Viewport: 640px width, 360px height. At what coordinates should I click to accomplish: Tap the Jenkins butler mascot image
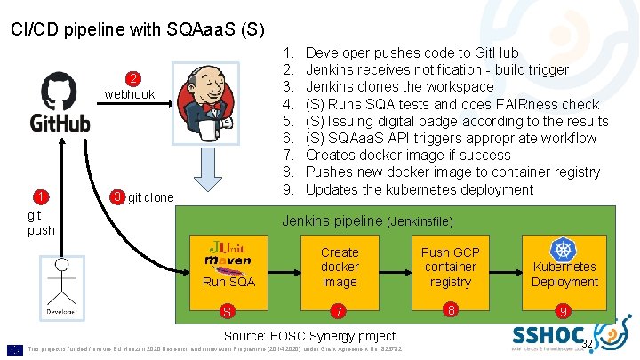click(x=211, y=100)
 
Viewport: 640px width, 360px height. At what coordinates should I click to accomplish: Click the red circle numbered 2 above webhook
click(x=131, y=78)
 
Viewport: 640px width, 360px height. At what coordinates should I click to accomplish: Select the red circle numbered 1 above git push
click(x=40, y=197)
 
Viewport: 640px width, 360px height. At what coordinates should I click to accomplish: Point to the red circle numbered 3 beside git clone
click(x=117, y=196)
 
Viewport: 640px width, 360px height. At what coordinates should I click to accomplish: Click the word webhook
click(x=130, y=94)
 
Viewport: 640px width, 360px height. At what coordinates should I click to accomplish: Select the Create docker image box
click(x=340, y=267)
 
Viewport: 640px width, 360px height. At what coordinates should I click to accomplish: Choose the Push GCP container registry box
click(x=451, y=267)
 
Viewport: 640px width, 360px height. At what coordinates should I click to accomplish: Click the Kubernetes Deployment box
click(x=564, y=267)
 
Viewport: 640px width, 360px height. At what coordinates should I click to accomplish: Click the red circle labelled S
click(x=228, y=311)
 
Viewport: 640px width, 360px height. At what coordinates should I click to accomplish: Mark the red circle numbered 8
click(x=451, y=310)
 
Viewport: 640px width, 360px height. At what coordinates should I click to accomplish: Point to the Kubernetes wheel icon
click(x=564, y=250)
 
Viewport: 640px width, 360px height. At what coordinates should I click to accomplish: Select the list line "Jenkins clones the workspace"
click(x=399, y=87)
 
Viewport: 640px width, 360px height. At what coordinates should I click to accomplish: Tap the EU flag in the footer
click(x=15, y=348)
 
